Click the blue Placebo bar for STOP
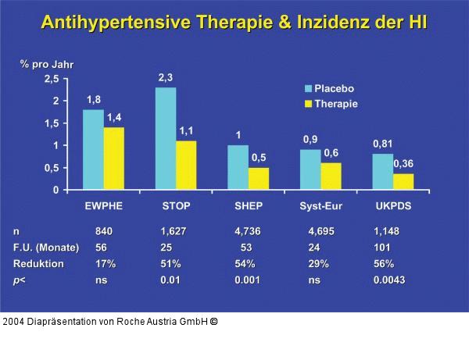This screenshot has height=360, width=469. click(x=165, y=138)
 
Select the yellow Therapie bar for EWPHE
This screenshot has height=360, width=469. click(x=113, y=159)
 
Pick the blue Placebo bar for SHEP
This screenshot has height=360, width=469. click(x=238, y=167)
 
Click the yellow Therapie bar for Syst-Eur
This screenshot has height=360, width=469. click(x=331, y=176)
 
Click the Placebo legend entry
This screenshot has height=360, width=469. click(x=334, y=88)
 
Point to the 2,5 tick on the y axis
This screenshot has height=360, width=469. click(x=51, y=79)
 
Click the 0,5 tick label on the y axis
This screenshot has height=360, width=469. click(x=51, y=168)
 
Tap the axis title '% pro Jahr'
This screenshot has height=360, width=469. click(x=47, y=64)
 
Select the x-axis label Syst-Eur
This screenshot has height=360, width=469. click(x=321, y=206)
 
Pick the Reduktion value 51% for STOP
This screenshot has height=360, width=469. click(x=171, y=264)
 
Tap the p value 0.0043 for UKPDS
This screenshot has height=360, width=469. click(x=389, y=280)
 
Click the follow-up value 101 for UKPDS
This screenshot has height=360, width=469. click(x=382, y=248)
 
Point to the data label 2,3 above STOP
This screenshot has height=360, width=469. click(x=165, y=77)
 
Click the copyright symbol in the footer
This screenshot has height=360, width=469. click(x=213, y=321)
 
